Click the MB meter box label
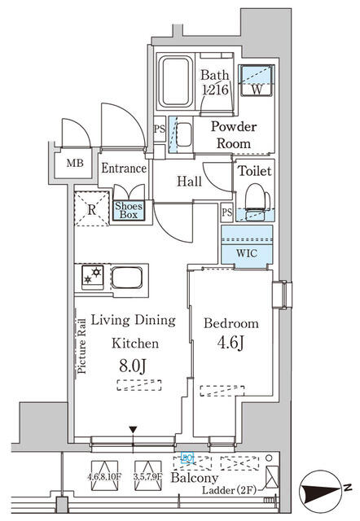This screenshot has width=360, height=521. click(x=75, y=163)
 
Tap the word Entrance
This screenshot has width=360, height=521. click(x=124, y=169)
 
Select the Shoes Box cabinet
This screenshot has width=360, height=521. click(x=129, y=211)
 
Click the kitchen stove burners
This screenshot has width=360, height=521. click(x=89, y=278)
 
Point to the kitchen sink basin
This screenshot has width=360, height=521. click(x=128, y=278)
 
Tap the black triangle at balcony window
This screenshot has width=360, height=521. click(x=134, y=431)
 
